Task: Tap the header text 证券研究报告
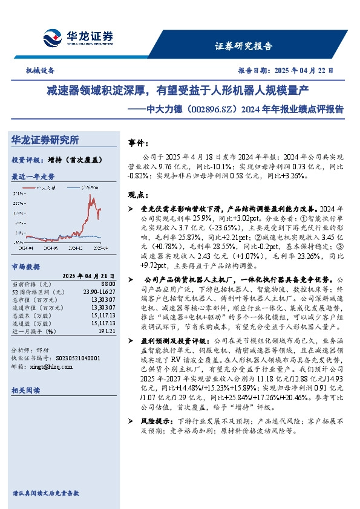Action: [243, 46]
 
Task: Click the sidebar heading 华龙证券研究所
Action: [45, 140]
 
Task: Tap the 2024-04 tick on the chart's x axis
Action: [26, 247]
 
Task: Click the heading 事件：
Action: [139, 143]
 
